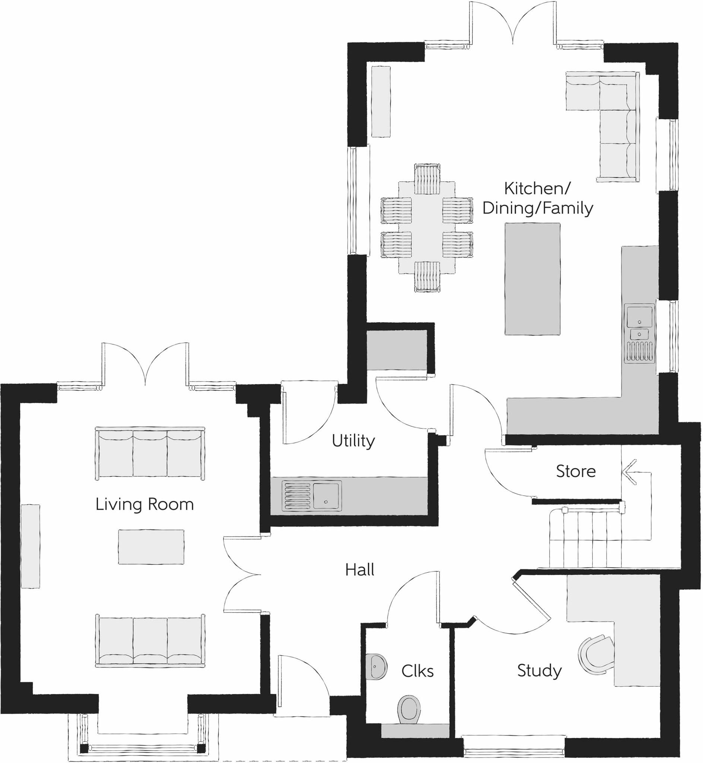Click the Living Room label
click(x=144, y=504)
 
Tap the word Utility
click(x=353, y=441)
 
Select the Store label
click(x=576, y=472)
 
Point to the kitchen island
click(x=532, y=279)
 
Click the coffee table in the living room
click(x=151, y=547)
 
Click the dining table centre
click(x=426, y=227)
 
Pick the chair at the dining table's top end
click(x=427, y=178)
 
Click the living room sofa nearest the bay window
click(x=150, y=640)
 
